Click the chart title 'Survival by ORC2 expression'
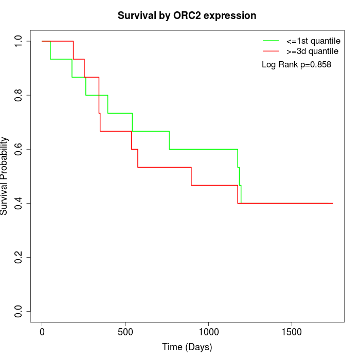[187, 15]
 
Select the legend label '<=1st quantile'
[313, 41]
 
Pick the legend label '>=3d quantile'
[313, 51]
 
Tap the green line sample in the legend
[271, 41]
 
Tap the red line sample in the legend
[271, 51]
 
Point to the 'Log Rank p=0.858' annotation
[296, 65]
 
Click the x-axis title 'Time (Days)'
[187, 347]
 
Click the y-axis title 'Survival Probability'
[5, 176]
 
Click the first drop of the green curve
[50, 50]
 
